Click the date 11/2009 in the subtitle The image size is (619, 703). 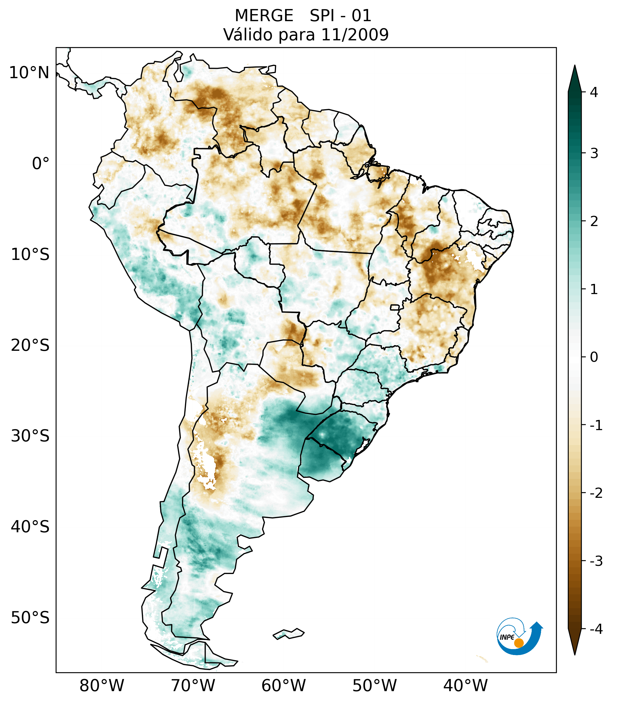point(355,35)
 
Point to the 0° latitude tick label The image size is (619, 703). point(40,164)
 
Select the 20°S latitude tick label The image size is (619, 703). point(30,345)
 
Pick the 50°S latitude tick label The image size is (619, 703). point(30,618)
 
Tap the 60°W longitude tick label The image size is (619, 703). point(283,686)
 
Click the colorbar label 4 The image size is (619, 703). point(594,92)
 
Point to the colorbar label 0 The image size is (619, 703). point(594,357)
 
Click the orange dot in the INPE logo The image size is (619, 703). point(518,643)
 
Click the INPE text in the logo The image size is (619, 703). point(507,637)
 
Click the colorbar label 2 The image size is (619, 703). point(594,222)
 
